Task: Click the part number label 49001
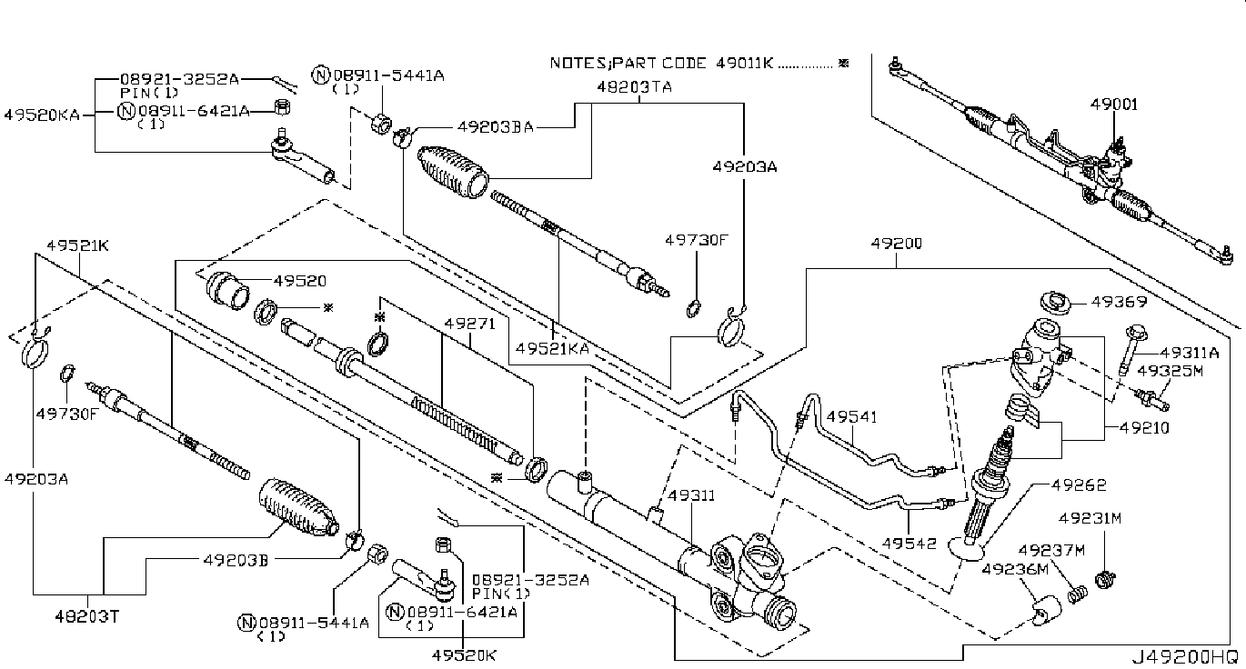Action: tap(1113, 105)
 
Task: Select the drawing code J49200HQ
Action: tap(1187, 657)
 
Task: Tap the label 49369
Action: tap(1120, 302)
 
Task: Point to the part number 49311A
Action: tap(1190, 353)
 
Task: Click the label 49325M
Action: tap(1170, 371)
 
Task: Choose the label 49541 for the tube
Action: tap(851, 416)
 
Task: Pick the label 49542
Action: tap(909, 543)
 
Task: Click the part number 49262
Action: tap(1079, 484)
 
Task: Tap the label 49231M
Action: tap(1090, 518)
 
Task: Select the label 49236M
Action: tap(1015, 569)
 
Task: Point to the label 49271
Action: tap(469, 323)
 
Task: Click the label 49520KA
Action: tap(42, 115)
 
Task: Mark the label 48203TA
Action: tap(635, 86)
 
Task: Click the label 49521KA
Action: tap(552, 349)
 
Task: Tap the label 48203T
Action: tap(86, 616)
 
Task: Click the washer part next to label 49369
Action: tap(1056, 303)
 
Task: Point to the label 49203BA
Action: tap(495, 127)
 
